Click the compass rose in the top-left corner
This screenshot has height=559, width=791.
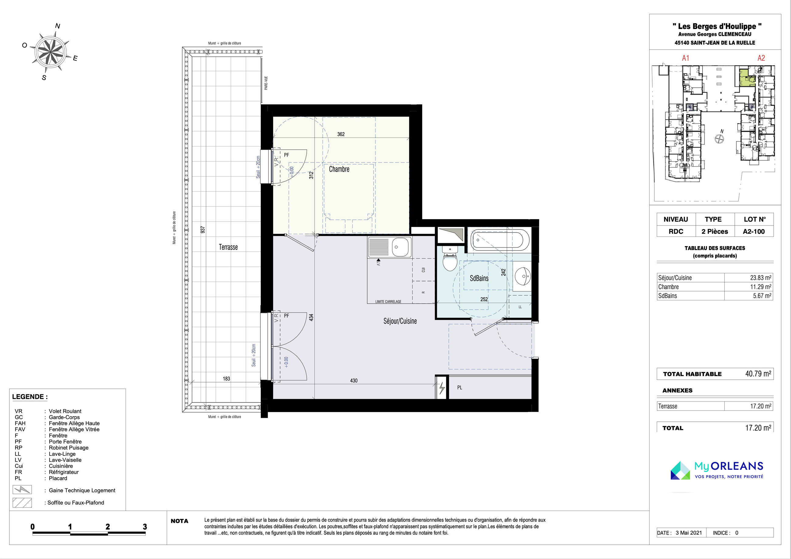pyautogui.click(x=51, y=52)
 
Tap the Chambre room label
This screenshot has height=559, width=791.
pyautogui.click(x=339, y=169)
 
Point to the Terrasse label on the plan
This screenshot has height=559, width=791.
pyautogui.click(x=228, y=247)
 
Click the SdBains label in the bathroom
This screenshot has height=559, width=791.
pyautogui.click(x=479, y=278)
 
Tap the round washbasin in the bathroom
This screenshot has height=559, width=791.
pyautogui.click(x=523, y=276)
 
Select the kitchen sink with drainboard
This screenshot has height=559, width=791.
pyautogui.click(x=390, y=247)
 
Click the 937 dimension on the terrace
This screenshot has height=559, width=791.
pyautogui.click(x=203, y=229)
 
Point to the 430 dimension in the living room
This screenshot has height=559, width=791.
pyautogui.click(x=354, y=380)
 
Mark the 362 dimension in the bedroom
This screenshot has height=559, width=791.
pyautogui.click(x=341, y=134)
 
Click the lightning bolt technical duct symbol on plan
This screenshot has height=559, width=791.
pyautogui.click(x=442, y=388)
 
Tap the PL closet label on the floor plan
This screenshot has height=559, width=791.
pyautogui.click(x=460, y=388)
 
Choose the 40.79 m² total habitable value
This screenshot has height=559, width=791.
pyautogui.click(x=758, y=374)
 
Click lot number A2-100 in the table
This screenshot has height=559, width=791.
pyautogui.click(x=754, y=232)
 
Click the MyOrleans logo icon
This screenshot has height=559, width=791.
pyautogui.click(x=680, y=470)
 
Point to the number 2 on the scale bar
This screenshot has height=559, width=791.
pyautogui.click(x=108, y=527)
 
